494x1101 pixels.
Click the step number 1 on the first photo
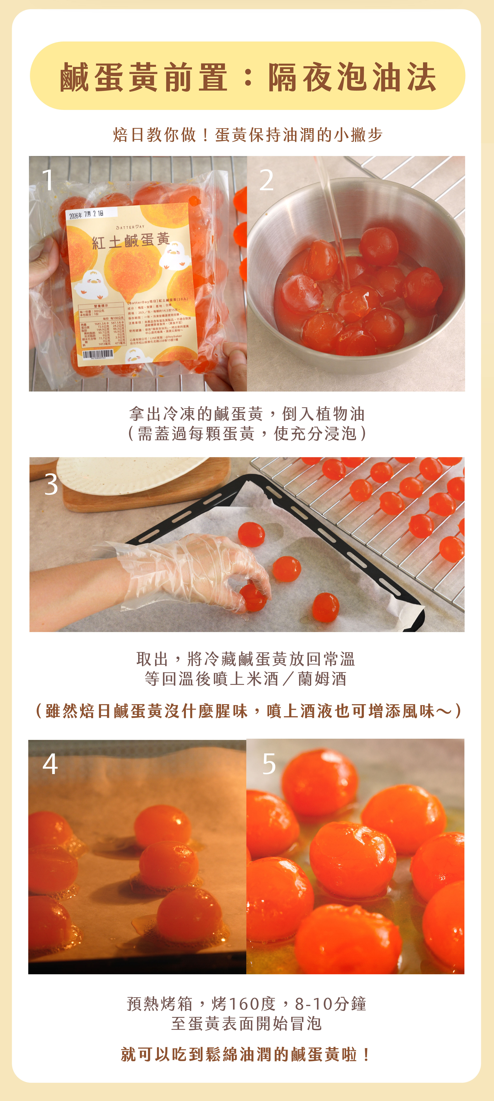point(48,180)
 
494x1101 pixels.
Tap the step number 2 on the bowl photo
point(266,180)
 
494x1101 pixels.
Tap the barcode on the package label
point(98,354)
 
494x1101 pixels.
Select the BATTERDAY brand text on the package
point(130,227)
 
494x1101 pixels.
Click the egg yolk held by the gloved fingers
point(253,597)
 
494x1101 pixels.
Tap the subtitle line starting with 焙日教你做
point(247,135)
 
